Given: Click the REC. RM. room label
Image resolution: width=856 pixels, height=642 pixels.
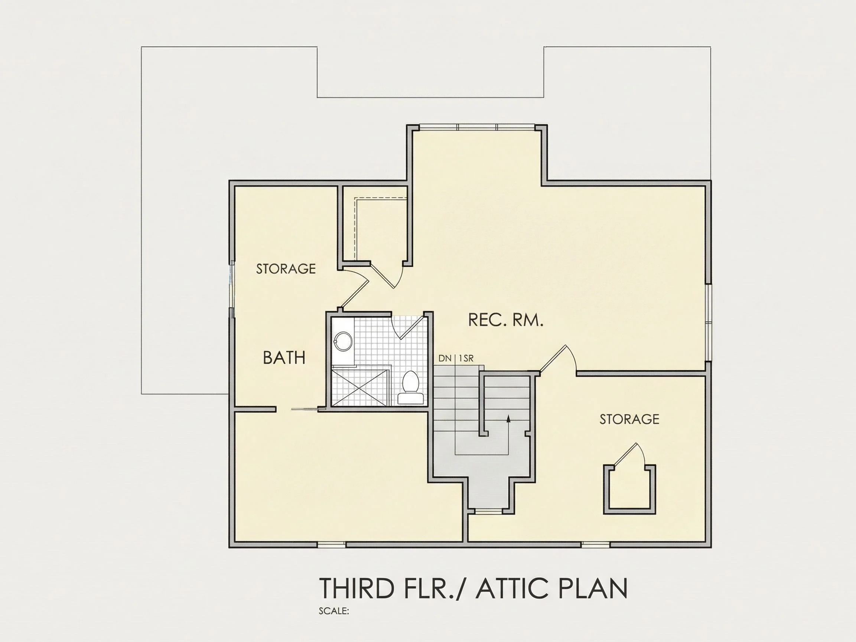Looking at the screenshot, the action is [506, 320].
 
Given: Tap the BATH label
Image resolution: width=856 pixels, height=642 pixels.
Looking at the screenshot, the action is [284, 357].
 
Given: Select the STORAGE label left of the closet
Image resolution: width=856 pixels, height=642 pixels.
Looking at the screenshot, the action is [286, 268].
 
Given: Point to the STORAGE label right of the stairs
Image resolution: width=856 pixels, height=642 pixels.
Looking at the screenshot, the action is [629, 419].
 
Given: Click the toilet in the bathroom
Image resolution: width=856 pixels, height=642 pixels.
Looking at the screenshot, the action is [410, 388].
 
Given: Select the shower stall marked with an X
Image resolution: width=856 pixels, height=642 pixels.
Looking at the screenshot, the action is [359, 388].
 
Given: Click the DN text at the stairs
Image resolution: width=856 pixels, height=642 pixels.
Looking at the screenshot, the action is [445, 358].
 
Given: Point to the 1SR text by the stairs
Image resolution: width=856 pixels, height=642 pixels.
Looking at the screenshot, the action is [466, 358].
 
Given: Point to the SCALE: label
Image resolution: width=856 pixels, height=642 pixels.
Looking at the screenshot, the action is [334, 611].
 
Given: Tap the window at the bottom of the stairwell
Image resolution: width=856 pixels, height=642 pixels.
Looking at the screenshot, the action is [488, 512].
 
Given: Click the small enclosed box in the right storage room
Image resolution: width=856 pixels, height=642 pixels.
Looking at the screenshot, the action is [629, 489].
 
